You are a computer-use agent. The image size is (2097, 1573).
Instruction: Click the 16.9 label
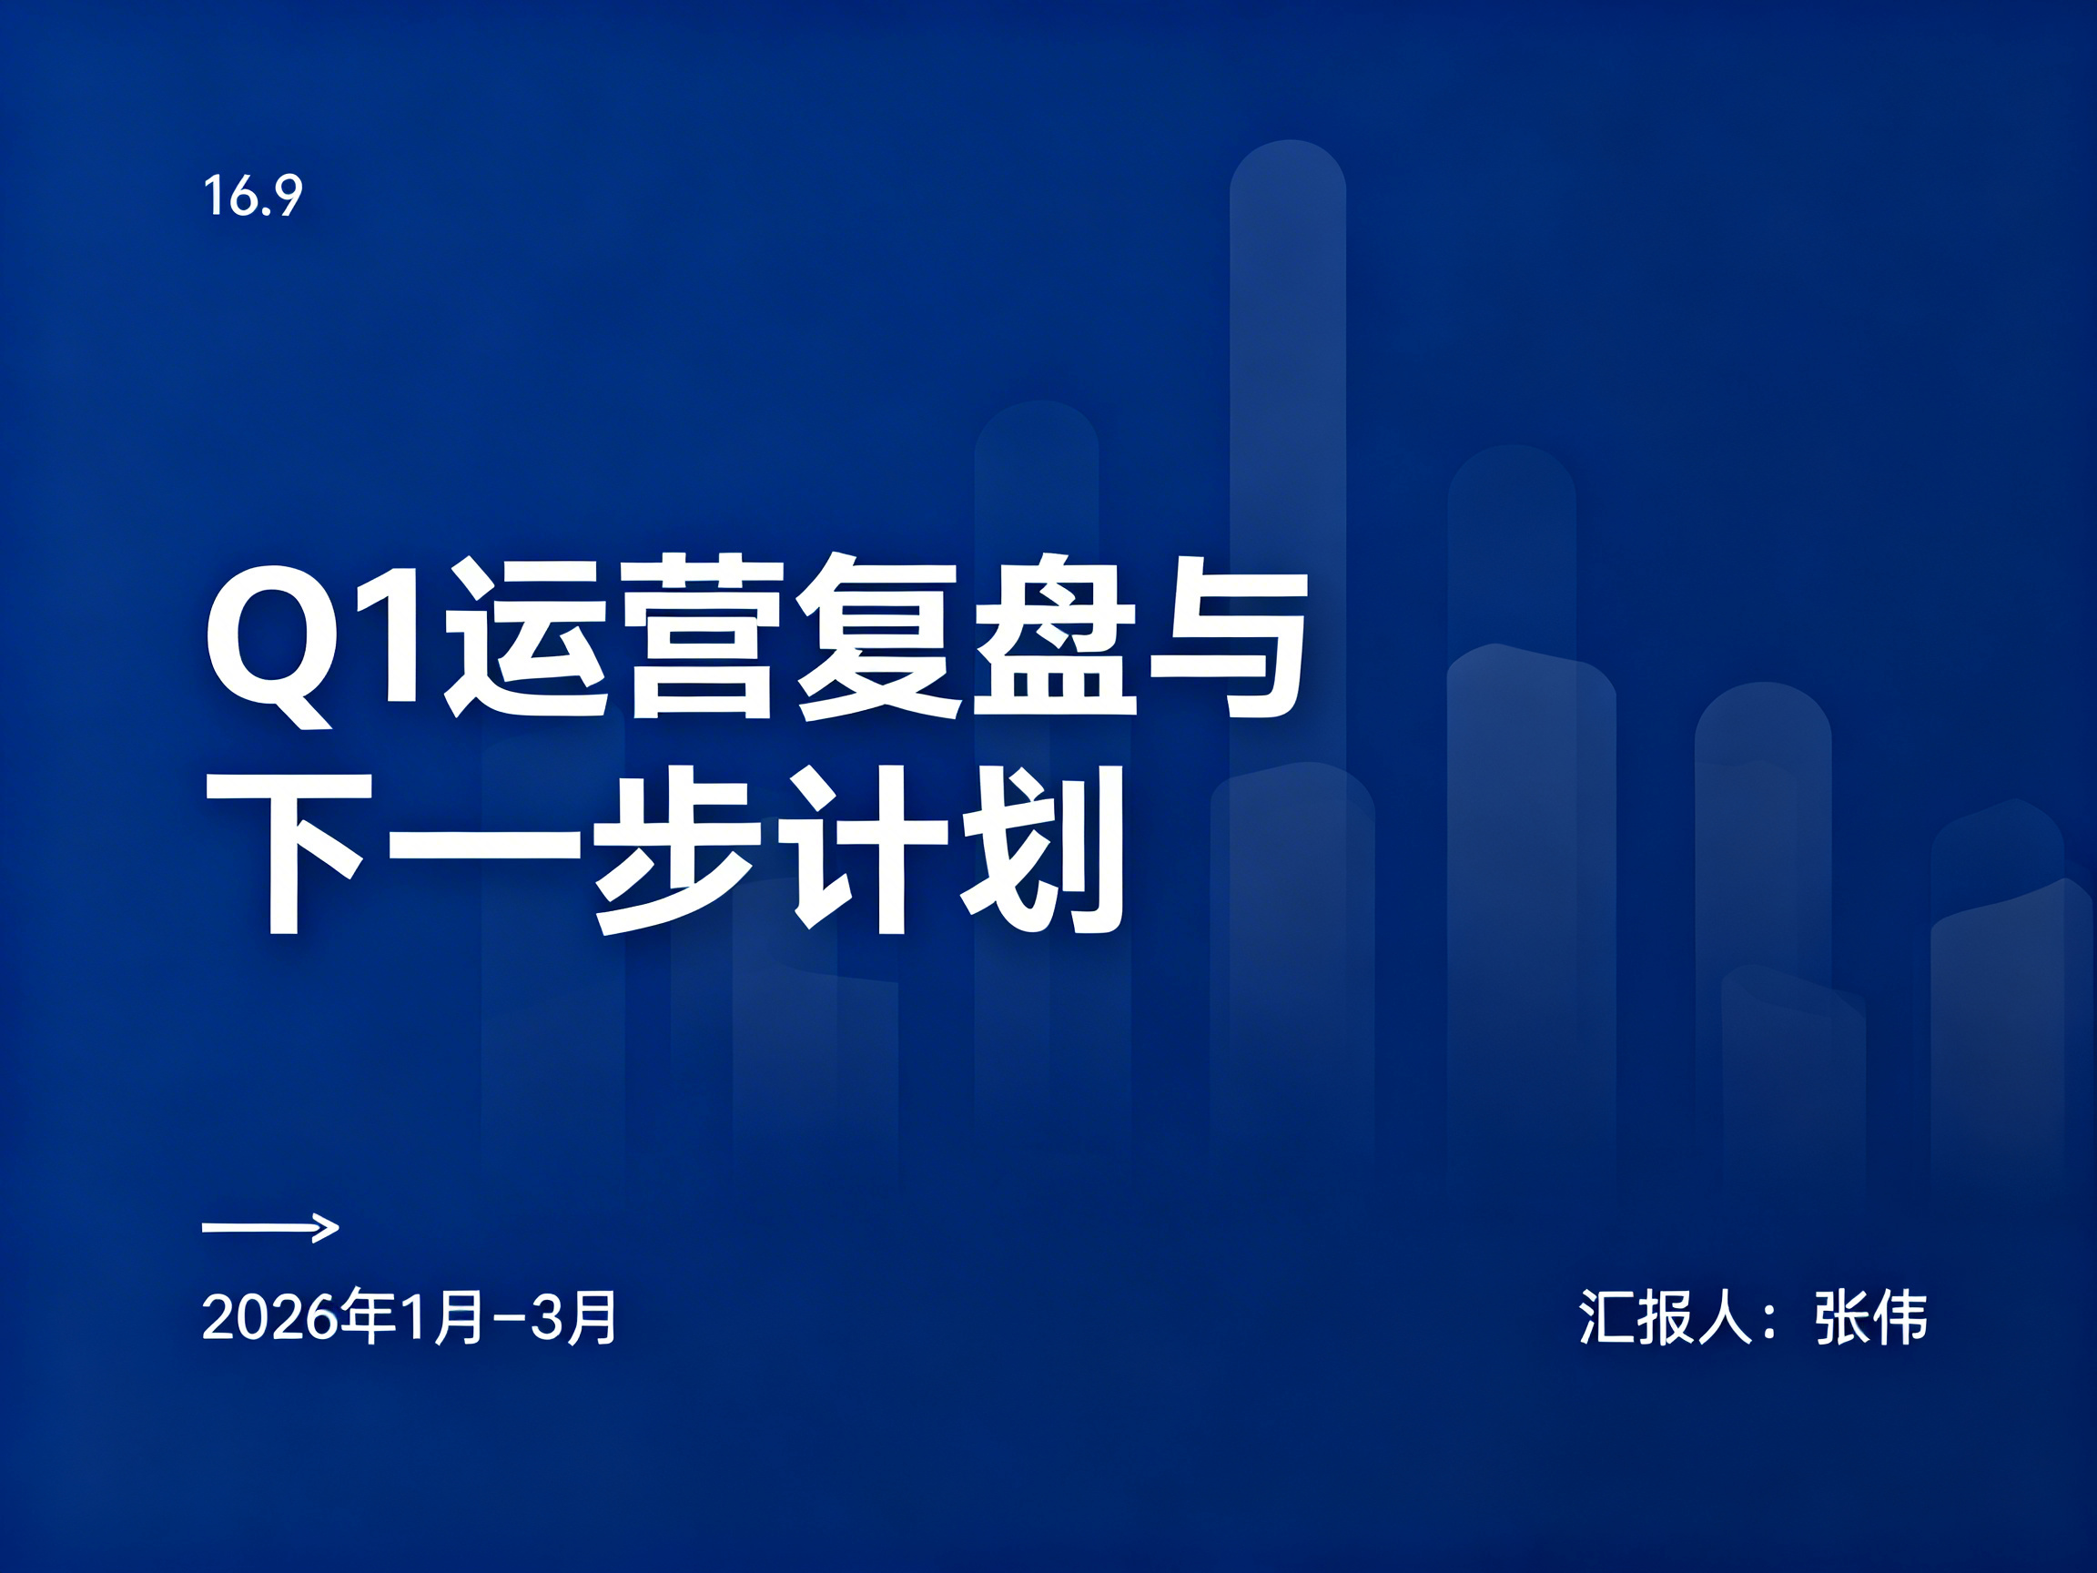point(252,197)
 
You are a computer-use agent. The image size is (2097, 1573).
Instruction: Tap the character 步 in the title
point(678,852)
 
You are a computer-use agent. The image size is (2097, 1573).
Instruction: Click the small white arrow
point(270,1228)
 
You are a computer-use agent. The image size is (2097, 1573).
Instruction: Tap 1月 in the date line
point(443,1318)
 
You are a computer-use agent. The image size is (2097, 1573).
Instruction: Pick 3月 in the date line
point(573,1318)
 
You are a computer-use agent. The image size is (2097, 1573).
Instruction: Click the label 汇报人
point(1666,1317)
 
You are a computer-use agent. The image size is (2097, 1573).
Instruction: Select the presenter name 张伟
point(1870,1317)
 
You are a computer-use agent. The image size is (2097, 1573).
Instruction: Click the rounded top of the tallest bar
point(1287,170)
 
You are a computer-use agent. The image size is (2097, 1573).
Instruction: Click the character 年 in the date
point(368,1318)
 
